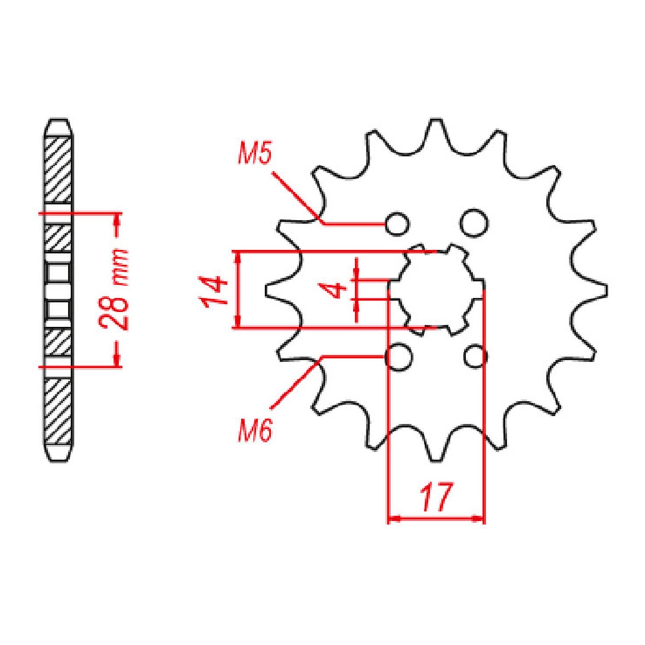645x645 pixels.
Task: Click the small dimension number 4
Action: click(x=337, y=289)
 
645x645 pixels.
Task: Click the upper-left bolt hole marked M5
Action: click(x=397, y=223)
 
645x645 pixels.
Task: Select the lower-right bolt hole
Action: click(x=476, y=356)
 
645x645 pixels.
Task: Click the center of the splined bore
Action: click(x=436, y=289)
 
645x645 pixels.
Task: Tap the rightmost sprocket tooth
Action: click(x=601, y=290)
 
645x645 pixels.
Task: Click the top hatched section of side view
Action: click(x=58, y=169)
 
